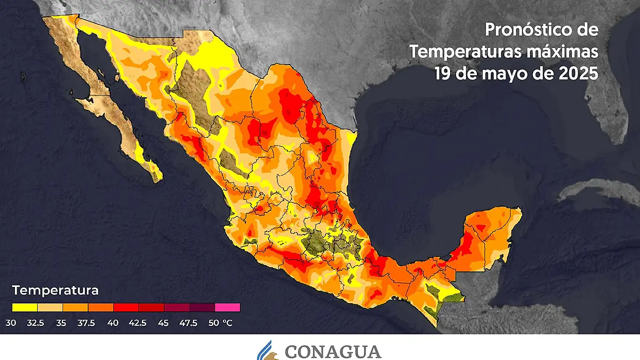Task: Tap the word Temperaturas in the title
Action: [463, 52]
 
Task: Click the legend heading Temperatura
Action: [55, 291]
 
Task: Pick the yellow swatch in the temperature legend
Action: [25, 307]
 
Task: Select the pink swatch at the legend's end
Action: [228, 307]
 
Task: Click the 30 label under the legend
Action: [11, 323]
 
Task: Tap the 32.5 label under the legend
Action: [37, 323]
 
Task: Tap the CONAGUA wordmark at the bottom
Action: [333, 351]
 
